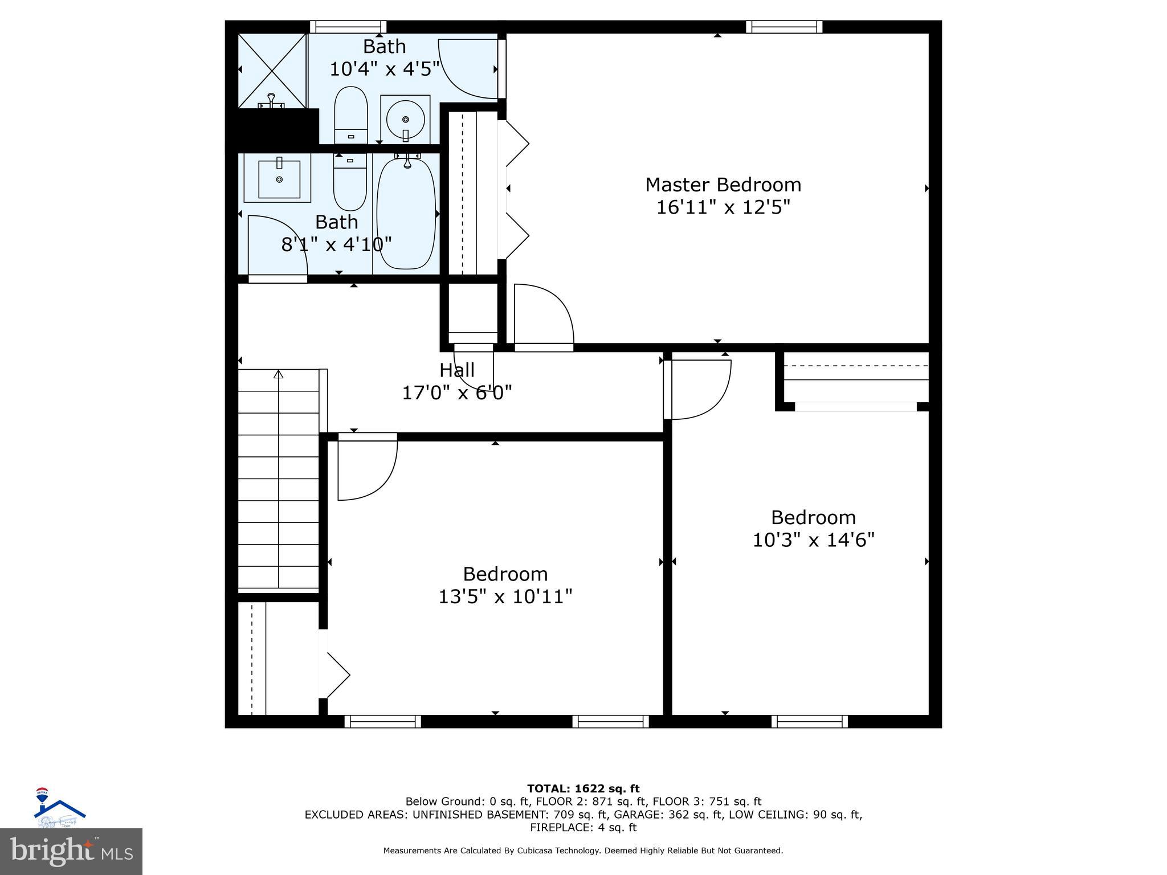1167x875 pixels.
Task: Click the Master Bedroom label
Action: pyautogui.click(x=723, y=185)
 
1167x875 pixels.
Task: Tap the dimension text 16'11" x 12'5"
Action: pyautogui.click(x=723, y=207)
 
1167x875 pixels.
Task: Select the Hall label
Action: pyautogui.click(x=456, y=370)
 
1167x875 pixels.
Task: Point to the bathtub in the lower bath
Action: pyautogui.click(x=406, y=214)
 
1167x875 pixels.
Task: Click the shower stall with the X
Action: pyautogui.click(x=272, y=70)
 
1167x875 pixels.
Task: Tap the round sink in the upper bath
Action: pyautogui.click(x=405, y=119)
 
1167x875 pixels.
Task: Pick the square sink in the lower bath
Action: pyautogui.click(x=279, y=179)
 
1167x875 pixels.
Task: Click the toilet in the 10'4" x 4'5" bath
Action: pyautogui.click(x=350, y=114)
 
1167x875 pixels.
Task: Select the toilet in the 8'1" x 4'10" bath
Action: pyautogui.click(x=350, y=182)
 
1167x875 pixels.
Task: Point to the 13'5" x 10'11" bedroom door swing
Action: pyautogui.click(x=366, y=467)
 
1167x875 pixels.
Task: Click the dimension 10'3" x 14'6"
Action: pyautogui.click(x=813, y=539)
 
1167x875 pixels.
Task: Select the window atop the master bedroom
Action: pyautogui.click(x=784, y=27)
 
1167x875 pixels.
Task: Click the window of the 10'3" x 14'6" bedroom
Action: pyautogui.click(x=810, y=721)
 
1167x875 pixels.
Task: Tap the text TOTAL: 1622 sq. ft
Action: pyautogui.click(x=583, y=788)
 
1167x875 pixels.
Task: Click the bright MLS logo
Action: pyautogui.click(x=71, y=851)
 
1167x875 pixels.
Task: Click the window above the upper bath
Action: pyautogui.click(x=348, y=27)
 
